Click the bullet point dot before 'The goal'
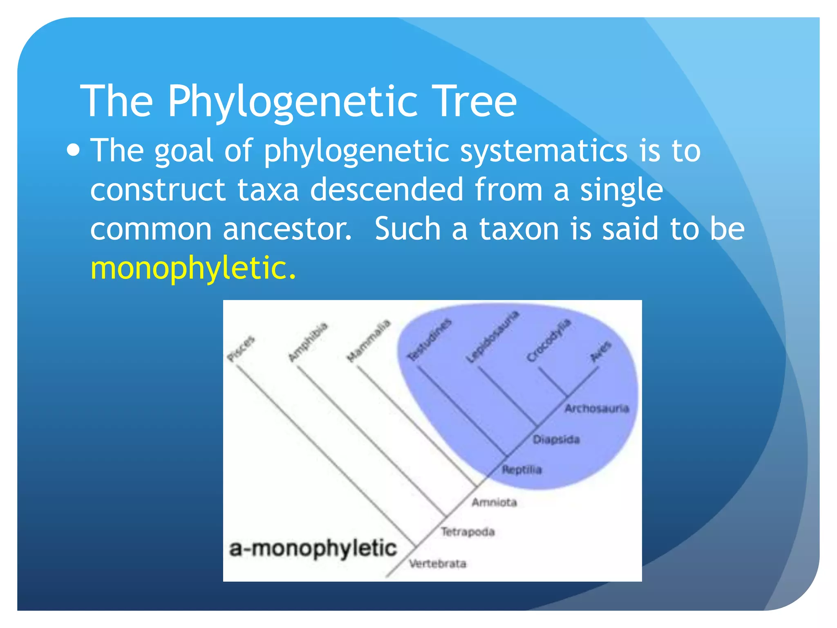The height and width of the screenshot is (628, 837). point(73,150)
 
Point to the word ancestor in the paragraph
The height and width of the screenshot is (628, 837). point(287,229)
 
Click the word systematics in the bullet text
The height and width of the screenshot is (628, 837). point(544,150)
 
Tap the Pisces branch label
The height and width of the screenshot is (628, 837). point(241,349)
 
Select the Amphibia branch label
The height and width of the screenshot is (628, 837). point(308,342)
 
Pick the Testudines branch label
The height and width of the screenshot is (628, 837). point(430,340)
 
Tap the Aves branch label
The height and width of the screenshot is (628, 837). point(601,351)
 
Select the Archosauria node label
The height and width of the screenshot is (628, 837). point(596,408)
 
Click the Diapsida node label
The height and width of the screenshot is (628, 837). point(556,440)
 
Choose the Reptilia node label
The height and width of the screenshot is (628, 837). point(522,470)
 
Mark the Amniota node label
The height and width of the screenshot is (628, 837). point(494,502)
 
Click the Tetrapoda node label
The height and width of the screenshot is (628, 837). point(468,532)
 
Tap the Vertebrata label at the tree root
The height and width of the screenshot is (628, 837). point(437,564)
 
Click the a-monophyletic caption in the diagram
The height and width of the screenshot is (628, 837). point(313,549)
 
